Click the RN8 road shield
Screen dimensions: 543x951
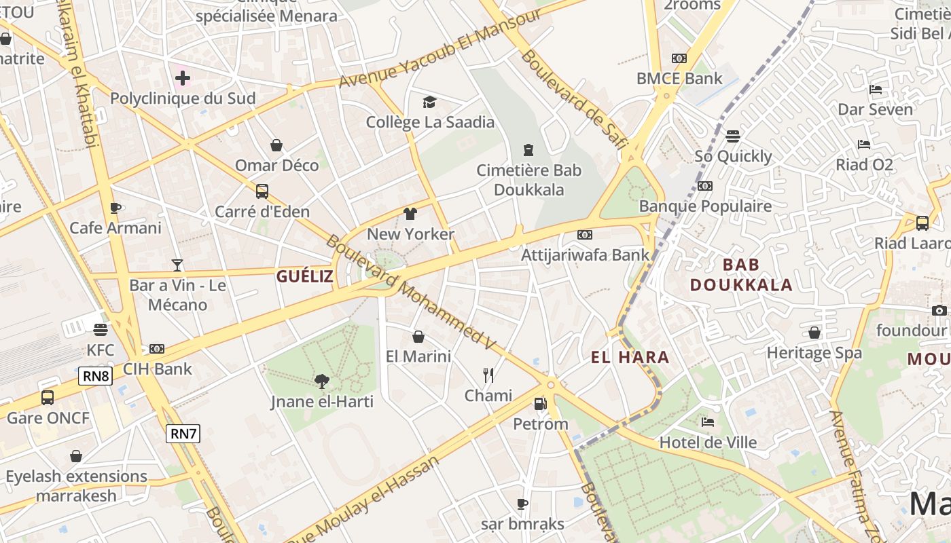tap(95, 376)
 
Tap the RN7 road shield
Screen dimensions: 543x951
tap(183, 433)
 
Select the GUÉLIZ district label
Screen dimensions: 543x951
tap(305, 276)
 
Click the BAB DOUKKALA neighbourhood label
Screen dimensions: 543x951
tap(741, 274)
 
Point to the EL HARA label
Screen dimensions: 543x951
tap(630, 357)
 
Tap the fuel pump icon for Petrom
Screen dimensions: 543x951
tap(540, 404)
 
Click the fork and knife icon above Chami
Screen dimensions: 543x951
tap(488, 375)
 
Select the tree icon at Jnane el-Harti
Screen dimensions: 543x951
tap(322, 381)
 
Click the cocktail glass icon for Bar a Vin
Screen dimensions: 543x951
tap(177, 265)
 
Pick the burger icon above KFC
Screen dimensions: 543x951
tap(101, 330)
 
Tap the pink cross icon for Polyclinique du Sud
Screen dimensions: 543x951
tap(183, 78)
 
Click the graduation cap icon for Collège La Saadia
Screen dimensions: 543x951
tap(429, 102)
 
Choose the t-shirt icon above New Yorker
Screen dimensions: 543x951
tap(410, 214)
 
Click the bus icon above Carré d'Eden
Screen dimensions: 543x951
tap(262, 191)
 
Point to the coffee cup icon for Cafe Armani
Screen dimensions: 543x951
tap(115, 208)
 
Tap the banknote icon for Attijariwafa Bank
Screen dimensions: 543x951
tap(584, 235)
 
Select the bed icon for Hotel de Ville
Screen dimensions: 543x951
tap(708, 422)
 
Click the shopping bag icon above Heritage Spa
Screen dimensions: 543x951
tap(814, 333)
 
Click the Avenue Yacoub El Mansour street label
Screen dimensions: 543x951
tap(439, 49)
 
